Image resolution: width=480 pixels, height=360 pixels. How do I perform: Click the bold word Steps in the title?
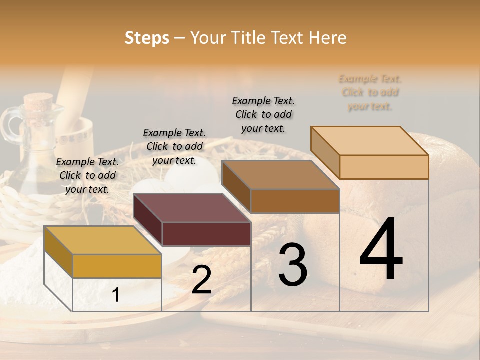(x=147, y=38)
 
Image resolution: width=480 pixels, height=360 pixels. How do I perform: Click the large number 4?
(x=381, y=250)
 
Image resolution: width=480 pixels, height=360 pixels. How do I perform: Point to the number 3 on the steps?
(x=293, y=265)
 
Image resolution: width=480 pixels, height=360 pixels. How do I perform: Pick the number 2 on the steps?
(x=201, y=280)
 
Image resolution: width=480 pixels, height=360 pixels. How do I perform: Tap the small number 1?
(x=115, y=295)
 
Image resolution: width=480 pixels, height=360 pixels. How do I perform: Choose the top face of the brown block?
(x=280, y=175)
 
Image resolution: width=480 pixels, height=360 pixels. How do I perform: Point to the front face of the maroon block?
(x=206, y=234)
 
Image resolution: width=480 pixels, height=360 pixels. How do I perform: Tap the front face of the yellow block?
(x=117, y=266)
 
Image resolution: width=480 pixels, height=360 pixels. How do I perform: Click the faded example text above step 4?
(x=370, y=92)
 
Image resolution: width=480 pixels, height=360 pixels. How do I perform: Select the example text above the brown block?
(x=263, y=114)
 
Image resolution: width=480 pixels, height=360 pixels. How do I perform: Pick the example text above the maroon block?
(x=174, y=146)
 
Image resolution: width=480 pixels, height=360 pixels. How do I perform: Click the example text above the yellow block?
(x=87, y=175)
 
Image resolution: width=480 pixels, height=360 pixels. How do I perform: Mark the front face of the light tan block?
(x=384, y=167)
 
